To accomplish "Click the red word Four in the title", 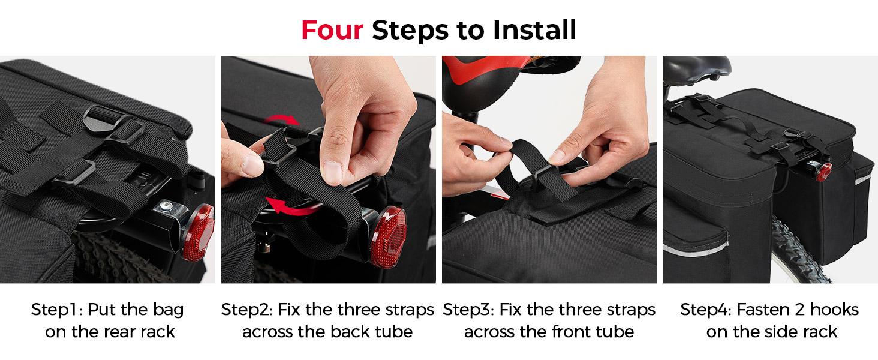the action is coord(332,30).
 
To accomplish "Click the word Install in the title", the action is coord(534,30).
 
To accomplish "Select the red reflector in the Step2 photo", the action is coord(388,237).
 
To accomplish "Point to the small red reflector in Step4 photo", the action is coord(824,172).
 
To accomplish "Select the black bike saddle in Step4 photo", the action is coord(696,71).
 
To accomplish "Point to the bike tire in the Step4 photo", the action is coord(799,251).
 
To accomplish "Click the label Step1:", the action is coord(57,310).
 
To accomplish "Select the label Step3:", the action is coord(468,310).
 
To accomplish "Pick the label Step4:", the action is coord(706,310).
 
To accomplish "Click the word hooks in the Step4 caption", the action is coord(834,310).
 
